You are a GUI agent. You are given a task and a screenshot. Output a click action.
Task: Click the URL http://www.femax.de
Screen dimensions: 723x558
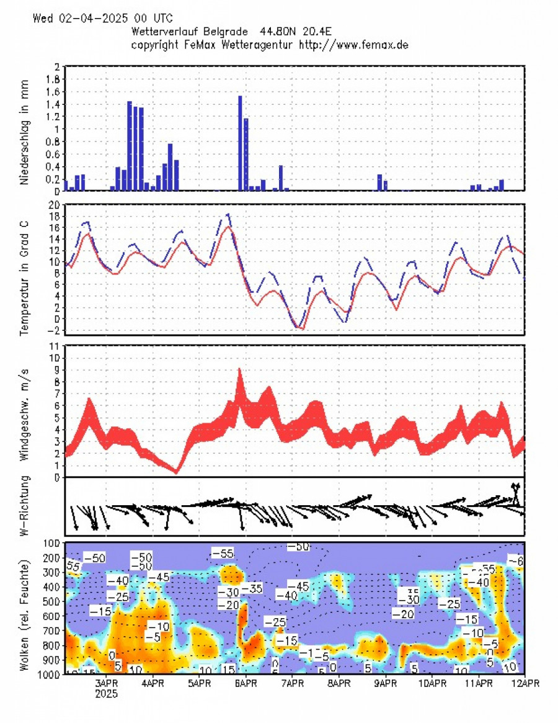(353, 45)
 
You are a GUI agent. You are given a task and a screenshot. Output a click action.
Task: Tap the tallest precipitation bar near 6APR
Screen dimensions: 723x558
(240, 143)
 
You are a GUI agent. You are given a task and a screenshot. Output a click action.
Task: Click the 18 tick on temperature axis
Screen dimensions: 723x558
(54, 216)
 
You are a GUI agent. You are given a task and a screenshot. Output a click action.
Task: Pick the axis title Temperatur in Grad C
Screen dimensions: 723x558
(25, 273)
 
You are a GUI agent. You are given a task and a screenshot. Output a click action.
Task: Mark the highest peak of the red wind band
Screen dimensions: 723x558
(239, 370)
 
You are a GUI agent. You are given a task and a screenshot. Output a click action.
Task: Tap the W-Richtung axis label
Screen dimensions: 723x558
(25, 506)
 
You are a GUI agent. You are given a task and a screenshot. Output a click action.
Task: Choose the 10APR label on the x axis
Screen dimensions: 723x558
(432, 683)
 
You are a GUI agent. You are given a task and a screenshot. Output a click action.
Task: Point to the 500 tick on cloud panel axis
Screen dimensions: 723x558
(51, 601)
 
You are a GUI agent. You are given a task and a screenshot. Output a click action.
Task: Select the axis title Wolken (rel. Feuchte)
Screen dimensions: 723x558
(25, 608)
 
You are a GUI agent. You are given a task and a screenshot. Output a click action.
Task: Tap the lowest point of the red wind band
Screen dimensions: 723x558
(176, 472)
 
